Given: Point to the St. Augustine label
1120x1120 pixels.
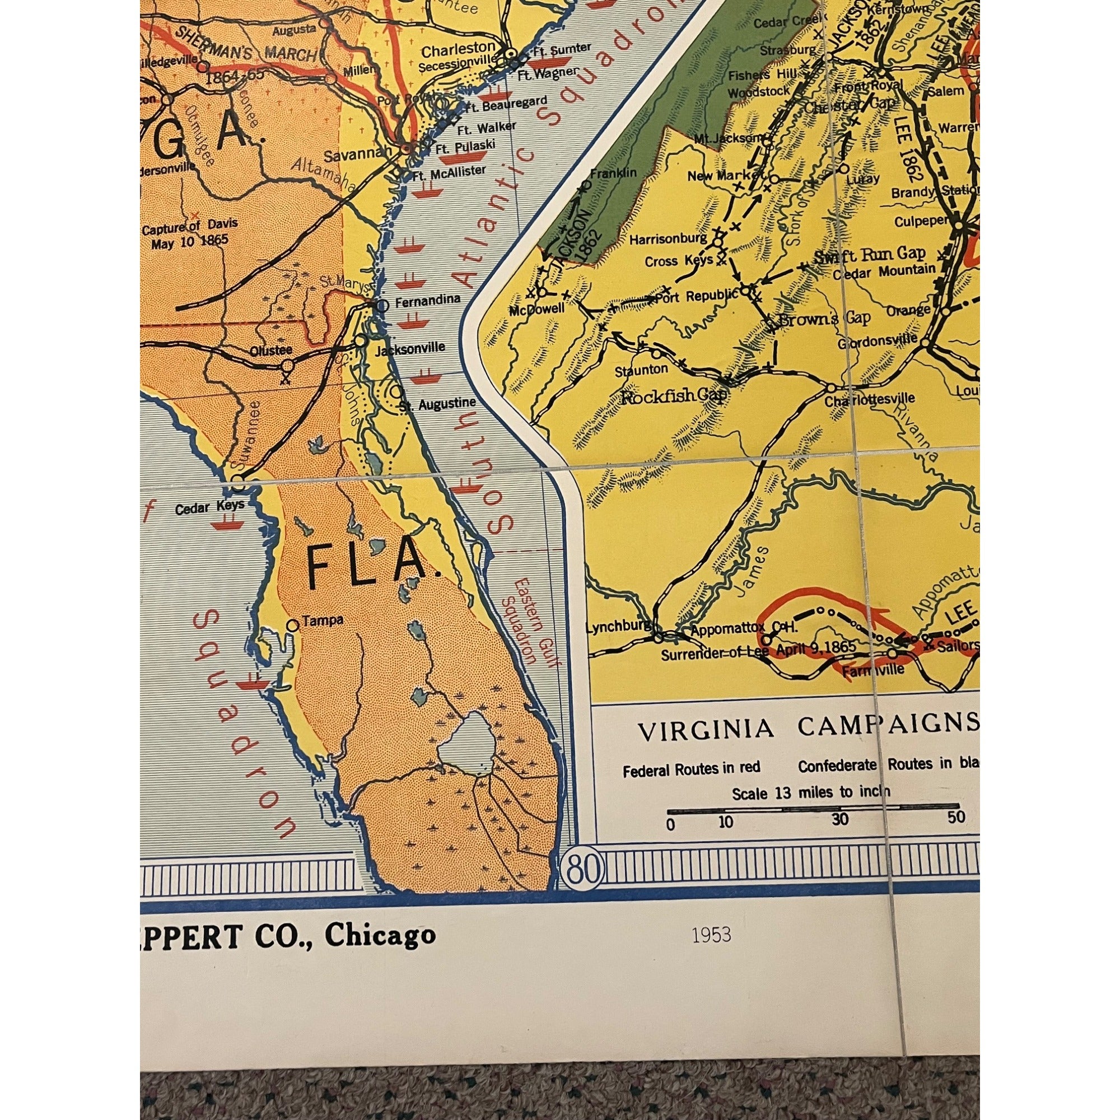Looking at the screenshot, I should pyautogui.click(x=438, y=403).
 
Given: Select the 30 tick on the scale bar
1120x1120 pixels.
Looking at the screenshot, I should pyautogui.click(x=839, y=819).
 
